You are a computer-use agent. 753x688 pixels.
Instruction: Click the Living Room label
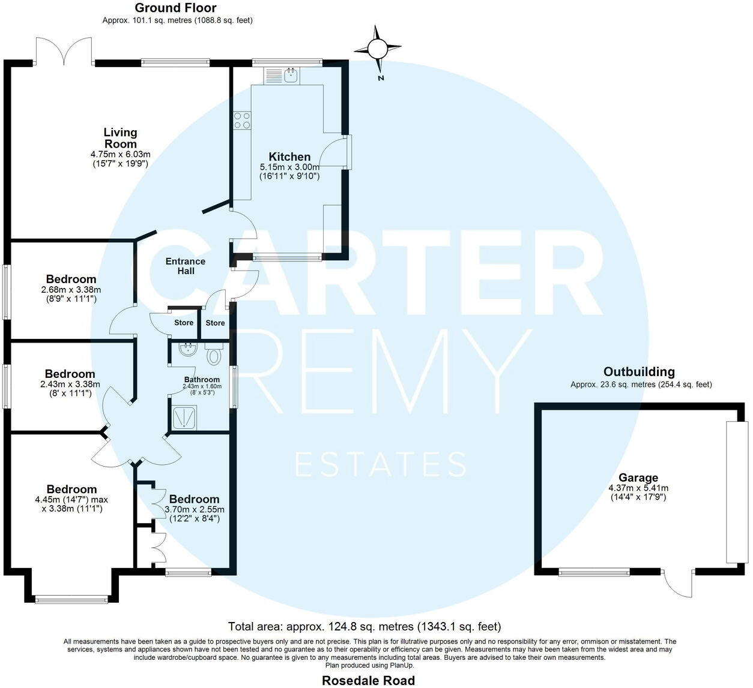120,138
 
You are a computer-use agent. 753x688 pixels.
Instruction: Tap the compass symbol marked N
378,49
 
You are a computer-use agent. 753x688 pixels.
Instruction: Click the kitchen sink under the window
291,75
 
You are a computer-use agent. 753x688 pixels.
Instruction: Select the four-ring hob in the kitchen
243,121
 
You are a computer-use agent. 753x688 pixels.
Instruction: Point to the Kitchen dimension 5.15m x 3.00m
289,167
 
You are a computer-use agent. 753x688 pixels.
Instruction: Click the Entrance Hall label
185,266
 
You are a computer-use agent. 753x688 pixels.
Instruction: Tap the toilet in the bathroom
213,355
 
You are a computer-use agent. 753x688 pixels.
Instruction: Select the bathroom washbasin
187,350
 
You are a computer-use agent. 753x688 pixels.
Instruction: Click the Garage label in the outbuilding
638,478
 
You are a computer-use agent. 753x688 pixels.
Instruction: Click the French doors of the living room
64,51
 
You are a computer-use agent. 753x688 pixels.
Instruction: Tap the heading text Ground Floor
175,8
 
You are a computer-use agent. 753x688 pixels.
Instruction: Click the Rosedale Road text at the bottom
368,680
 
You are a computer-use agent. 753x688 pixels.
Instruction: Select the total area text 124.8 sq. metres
364,627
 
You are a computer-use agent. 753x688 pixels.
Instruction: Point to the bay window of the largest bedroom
71,598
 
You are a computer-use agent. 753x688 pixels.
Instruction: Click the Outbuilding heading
639,372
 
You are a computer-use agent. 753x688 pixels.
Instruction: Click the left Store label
184,323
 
